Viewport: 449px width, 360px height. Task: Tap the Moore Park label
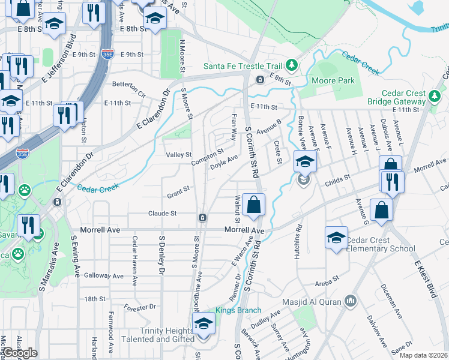333,80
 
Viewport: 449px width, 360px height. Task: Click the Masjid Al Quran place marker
352,299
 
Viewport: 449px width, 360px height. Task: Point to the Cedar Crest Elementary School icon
336,237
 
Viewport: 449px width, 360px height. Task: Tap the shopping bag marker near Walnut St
255,204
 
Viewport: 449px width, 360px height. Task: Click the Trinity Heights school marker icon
203,324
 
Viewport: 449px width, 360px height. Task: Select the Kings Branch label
238,310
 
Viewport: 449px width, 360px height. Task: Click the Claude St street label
162,213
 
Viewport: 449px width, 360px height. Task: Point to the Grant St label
178,191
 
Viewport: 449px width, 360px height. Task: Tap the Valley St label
178,155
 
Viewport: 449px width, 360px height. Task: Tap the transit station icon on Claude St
203,217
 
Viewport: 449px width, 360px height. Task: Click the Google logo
20,353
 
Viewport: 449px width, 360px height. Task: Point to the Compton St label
207,158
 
